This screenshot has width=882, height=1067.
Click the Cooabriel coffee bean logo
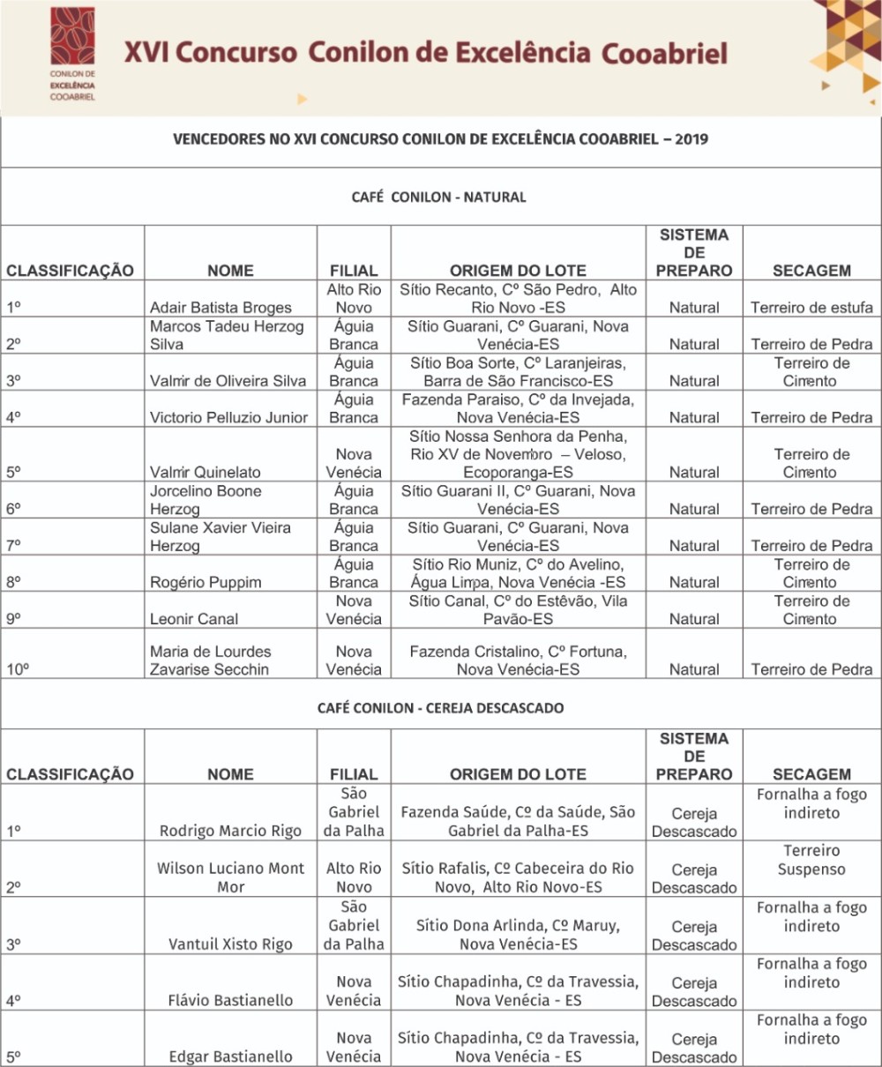pyautogui.click(x=72, y=38)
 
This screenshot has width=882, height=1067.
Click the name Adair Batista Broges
pyautogui.click(x=220, y=308)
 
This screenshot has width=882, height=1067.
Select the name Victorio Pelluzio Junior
pyautogui.click(x=228, y=417)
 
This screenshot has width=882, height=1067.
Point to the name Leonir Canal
pyautogui.click(x=194, y=619)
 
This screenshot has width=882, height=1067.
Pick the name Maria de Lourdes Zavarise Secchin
pyautogui.click(x=210, y=660)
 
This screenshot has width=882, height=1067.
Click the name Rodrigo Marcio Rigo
pyautogui.click(x=230, y=831)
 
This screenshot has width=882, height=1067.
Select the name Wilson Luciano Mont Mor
pyautogui.click(x=230, y=877)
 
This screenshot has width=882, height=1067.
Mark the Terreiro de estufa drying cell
pyautogui.click(x=811, y=308)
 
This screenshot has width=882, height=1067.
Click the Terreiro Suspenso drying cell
pyautogui.click(x=811, y=860)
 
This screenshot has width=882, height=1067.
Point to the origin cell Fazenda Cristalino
pyautogui.click(x=518, y=660)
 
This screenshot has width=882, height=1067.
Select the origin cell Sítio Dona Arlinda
pyautogui.click(x=518, y=935)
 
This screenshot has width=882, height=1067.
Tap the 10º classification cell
pyautogui.click(x=18, y=669)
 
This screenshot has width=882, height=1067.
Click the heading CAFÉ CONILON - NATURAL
pyautogui.click(x=438, y=197)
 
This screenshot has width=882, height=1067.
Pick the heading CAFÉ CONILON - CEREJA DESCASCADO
pyautogui.click(x=440, y=707)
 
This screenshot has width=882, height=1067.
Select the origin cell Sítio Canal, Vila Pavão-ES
pyautogui.click(x=518, y=610)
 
